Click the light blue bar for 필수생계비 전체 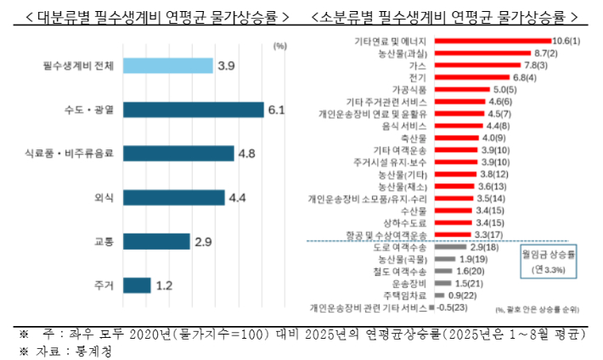click(167, 65)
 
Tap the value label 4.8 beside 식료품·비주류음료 click(247, 154)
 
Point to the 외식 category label click(104, 198)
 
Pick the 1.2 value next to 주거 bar click(165, 286)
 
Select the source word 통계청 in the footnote click(95, 350)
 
